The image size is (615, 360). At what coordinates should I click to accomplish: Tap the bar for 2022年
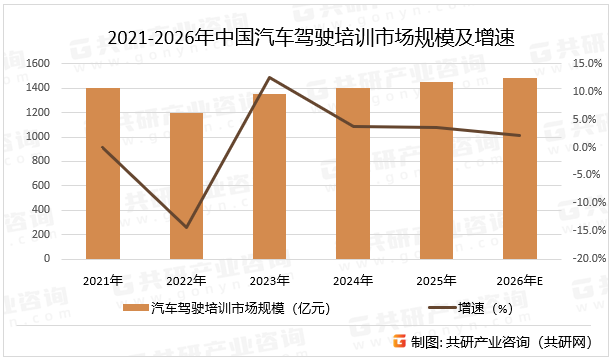click(x=186, y=186)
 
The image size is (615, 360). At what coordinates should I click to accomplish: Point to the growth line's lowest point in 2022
click(x=186, y=227)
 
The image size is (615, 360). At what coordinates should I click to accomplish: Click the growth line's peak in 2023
click(x=269, y=77)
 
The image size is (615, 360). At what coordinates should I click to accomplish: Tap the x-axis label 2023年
click(x=269, y=281)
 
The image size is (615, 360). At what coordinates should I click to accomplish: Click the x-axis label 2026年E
click(x=520, y=281)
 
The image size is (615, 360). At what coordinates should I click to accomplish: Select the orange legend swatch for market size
click(x=133, y=309)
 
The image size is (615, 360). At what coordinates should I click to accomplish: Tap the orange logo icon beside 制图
click(x=399, y=341)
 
